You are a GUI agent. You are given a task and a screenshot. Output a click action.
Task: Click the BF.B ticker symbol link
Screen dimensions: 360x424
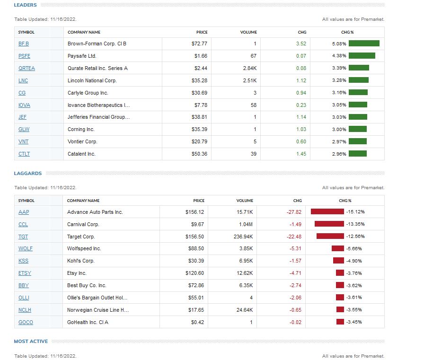tap(23, 44)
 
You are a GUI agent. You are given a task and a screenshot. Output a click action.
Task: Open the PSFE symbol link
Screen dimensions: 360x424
tap(24, 56)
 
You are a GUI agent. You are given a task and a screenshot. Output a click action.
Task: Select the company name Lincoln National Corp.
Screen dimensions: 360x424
tap(92, 80)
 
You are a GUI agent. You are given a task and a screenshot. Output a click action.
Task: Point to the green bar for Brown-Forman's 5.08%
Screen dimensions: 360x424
tap(364, 44)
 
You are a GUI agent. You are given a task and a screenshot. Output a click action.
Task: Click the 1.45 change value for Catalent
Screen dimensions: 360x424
tap(301, 154)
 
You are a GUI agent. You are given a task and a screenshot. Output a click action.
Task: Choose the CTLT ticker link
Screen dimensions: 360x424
tap(24, 154)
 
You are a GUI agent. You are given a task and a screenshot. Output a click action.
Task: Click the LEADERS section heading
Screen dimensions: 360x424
tap(25, 5)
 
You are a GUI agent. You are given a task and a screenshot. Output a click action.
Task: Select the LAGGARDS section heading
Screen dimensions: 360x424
tap(28, 174)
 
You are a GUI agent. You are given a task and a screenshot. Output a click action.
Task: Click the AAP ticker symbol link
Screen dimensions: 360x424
tap(24, 212)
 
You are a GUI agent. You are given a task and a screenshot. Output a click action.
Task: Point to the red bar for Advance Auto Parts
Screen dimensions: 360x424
tap(327, 211)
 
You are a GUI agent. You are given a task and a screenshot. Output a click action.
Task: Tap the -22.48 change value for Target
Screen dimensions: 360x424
tap(294, 237)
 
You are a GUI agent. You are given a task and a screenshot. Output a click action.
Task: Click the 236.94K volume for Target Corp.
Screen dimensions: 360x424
tap(243, 237)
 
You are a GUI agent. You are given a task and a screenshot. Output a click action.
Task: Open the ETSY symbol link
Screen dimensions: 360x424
tap(25, 273)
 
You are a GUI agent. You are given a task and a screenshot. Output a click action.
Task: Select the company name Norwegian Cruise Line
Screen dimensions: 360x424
tap(98, 310)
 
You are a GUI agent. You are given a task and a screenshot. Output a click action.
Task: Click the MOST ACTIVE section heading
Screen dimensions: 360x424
tap(31, 341)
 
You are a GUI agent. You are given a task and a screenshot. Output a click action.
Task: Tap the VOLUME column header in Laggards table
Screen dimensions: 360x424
tap(245, 201)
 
